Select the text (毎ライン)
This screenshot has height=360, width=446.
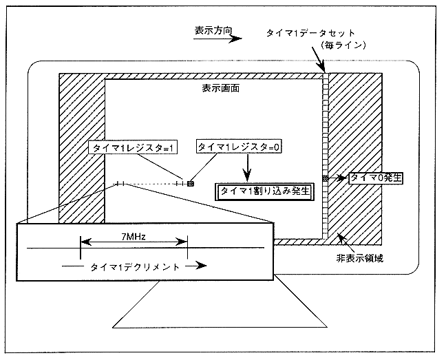click(x=340, y=45)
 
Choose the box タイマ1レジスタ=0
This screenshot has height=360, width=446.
click(x=240, y=147)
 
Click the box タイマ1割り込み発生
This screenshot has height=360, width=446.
click(x=265, y=191)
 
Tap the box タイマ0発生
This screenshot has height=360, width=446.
click(x=375, y=178)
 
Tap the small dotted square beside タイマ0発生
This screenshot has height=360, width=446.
click(x=326, y=178)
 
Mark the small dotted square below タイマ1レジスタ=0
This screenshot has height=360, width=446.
click(x=191, y=183)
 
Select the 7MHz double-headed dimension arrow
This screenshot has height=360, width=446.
click(x=134, y=242)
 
